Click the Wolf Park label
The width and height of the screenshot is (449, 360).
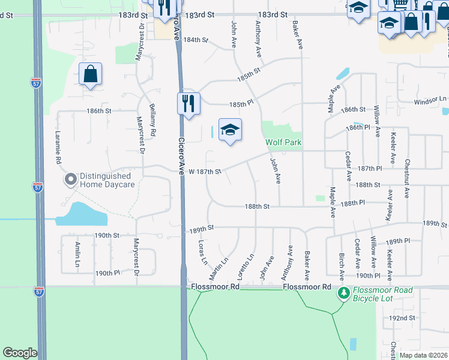point(284,143)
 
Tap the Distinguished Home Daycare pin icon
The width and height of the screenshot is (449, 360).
point(70,179)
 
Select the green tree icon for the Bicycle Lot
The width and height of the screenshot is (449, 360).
point(343,293)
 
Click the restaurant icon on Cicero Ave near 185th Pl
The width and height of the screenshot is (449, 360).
point(188,103)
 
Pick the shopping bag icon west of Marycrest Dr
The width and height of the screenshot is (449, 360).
point(90,74)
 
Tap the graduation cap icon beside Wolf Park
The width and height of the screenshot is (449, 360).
point(230,130)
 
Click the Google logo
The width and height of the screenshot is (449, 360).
point(20,353)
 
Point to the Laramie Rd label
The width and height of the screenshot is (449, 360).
point(59,148)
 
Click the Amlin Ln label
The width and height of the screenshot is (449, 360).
point(77,255)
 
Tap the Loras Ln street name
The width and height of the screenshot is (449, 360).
point(202,253)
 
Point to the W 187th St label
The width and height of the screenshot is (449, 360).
point(205,172)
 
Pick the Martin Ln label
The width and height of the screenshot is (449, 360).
point(218,268)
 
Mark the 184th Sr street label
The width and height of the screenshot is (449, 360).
point(196,40)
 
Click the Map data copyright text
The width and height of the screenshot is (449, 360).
point(423,355)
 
